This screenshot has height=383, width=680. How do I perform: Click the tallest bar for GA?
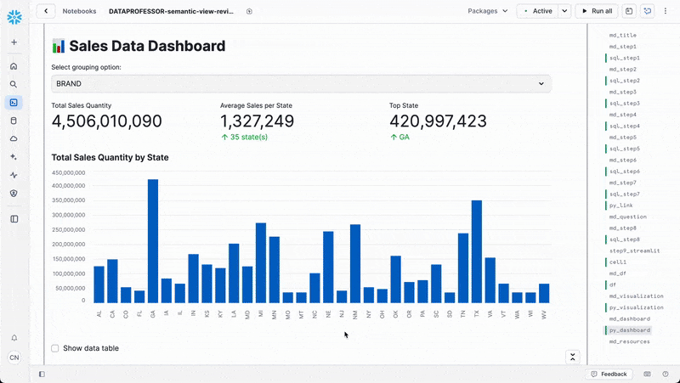click(x=153, y=241)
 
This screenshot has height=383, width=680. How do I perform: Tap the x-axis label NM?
click(x=355, y=313)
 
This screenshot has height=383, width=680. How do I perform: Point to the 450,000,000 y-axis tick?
click(x=68, y=172)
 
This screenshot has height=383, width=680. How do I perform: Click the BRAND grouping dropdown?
click(x=300, y=83)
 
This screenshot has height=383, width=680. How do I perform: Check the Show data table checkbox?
click(x=55, y=348)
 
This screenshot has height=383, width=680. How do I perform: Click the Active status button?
click(x=537, y=11)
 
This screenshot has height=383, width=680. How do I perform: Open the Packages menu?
click(x=488, y=11)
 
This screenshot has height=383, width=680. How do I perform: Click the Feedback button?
click(x=609, y=374)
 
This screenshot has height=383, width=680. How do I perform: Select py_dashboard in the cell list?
click(x=630, y=329)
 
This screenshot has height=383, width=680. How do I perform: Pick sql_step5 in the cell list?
click(x=625, y=149)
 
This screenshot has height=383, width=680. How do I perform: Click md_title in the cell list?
click(x=623, y=35)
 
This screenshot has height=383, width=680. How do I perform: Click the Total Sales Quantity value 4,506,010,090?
click(x=106, y=121)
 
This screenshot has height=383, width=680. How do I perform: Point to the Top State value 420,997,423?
click(x=438, y=121)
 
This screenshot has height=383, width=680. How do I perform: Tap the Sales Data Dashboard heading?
click(x=147, y=47)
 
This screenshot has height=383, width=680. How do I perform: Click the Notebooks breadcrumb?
click(x=79, y=11)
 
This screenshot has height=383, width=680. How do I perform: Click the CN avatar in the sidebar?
click(x=14, y=358)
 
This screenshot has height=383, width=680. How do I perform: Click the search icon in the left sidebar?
click(x=14, y=84)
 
